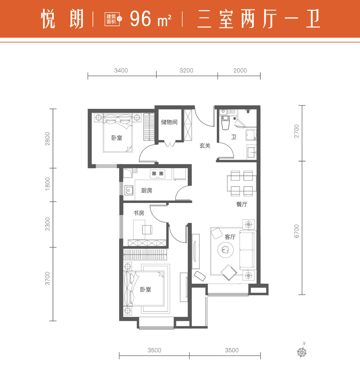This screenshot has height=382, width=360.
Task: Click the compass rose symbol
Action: pos(302,352)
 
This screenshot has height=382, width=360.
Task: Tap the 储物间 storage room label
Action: pos(169,122)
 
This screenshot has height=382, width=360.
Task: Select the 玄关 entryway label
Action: pos(205,146)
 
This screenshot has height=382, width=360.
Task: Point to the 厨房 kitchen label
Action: pos(147,190)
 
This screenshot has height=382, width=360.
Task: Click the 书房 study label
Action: pos(139,213)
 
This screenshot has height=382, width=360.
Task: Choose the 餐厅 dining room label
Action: pos(242,204)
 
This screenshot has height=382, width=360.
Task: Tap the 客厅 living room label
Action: pos(230,237)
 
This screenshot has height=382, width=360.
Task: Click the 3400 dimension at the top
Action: pos(121,70)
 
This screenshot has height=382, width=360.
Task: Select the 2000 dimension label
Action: pos(240,70)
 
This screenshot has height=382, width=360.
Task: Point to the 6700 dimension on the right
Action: pos(296,231)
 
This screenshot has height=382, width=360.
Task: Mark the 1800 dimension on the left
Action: pos(47,184)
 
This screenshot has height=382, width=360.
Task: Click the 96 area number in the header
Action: pos(141,19)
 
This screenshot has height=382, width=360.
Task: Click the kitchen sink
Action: pos(129,190)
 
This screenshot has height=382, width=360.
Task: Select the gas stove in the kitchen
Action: pos(157,174)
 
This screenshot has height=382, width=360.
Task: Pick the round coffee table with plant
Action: pos(226,250)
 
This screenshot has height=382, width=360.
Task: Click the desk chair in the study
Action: pos(147,230)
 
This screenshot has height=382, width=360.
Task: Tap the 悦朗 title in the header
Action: pos(62,19)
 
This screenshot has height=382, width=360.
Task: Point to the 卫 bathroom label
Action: pos(234,137)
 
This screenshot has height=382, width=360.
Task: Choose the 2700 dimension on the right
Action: pos(296,131)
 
